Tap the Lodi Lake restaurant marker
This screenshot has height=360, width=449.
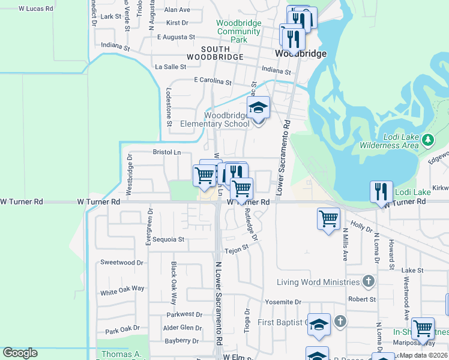point(381,192)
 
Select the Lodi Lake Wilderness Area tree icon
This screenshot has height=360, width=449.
point(427,140)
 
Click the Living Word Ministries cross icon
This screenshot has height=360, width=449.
point(369,281)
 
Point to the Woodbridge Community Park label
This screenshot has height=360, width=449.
point(239,31)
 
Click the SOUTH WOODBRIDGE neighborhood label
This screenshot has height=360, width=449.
point(214,53)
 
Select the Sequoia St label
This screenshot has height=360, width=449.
point(167,239)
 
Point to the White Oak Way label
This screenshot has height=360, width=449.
point(122,289)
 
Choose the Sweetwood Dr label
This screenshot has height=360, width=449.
point(122,262)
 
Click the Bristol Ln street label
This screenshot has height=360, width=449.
point(167,152)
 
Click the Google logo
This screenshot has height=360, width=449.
point(20,353)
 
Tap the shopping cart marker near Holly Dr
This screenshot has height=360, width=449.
point(328,218)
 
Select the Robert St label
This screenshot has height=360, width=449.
point(362,298)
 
